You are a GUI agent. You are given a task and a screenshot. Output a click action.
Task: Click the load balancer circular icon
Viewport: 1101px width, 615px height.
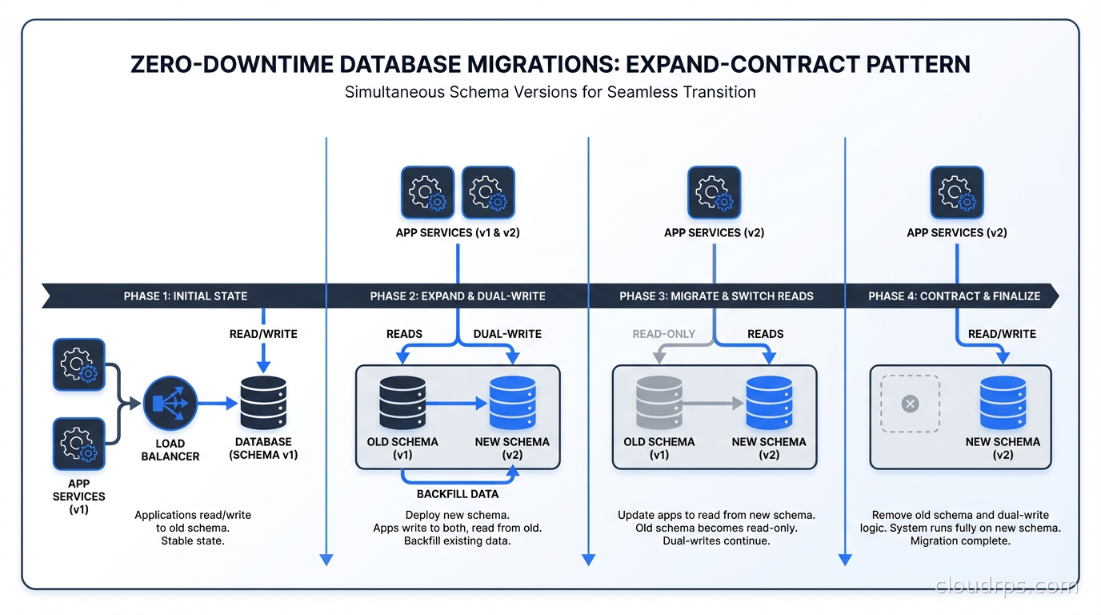coord(170,404)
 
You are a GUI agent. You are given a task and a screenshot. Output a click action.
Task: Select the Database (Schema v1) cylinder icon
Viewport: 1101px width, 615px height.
coord(263,404)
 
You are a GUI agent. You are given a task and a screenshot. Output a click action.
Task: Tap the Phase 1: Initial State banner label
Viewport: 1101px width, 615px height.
coord(185,296)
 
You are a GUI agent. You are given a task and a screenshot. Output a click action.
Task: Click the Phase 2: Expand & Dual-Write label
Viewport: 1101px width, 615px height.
coord(458,296)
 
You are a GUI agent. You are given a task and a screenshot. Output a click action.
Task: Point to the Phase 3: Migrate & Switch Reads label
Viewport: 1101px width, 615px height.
coord(716,296)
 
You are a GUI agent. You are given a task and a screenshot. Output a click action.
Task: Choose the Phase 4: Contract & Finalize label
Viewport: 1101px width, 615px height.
coord(954,296)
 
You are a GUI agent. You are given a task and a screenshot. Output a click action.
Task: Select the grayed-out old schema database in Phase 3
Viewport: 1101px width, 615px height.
coord(659,404)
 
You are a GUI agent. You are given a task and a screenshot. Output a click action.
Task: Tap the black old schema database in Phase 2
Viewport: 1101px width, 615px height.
coord(402,404)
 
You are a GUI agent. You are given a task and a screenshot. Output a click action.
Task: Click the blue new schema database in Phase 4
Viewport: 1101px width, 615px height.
coord(1003,404)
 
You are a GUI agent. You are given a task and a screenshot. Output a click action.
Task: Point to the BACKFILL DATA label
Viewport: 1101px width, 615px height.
coord(457,494)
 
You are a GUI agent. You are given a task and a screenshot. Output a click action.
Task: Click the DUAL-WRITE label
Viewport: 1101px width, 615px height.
coord(507,334)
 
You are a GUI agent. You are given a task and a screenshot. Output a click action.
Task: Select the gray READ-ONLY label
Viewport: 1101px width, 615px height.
coord(663,334)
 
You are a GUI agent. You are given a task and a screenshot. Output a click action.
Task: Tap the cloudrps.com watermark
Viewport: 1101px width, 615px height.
coord(1006,587)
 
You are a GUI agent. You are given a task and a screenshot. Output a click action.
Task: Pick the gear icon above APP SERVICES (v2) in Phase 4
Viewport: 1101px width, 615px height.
coord(957,192)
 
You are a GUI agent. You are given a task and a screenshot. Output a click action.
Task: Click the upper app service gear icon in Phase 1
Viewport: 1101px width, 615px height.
coord(78,364)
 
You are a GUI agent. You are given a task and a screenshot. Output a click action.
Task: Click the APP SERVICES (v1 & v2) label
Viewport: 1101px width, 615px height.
coord(457,233)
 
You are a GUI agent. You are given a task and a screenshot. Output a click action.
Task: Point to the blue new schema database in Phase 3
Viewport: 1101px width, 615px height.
coord(769,404)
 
